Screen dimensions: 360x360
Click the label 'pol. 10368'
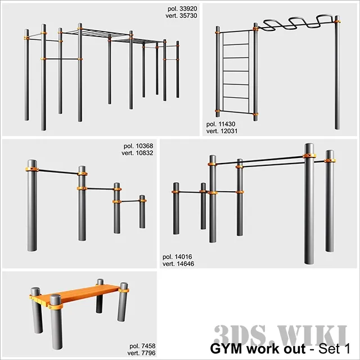coord(138,146)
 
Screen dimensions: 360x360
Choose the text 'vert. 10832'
coord(138,153)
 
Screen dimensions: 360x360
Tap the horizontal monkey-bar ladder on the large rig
coord(112,34)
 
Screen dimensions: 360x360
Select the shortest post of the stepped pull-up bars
coord(142,212)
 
